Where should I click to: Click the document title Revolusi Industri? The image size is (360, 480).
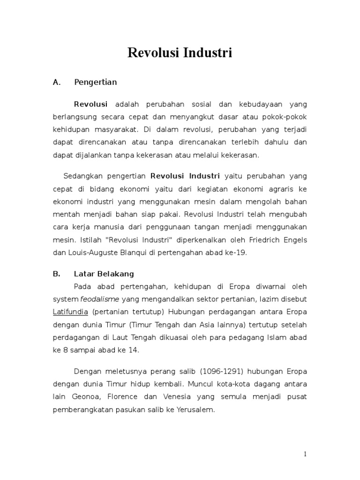pyautogui.click(x=180, y=53)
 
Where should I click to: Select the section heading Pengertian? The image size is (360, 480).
pyautogui.click(x=96, y=82)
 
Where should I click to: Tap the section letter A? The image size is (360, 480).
pyautogui.click(x=57, y=82)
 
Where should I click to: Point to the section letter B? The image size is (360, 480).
pyautogui.click(x=57, y=274)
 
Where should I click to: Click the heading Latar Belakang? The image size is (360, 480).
pyautogui.click(x=104, y=274)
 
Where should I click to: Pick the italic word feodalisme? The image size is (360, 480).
pyautogui.click(x=100, y=299)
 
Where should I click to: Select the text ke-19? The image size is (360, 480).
pyautogui.click(x=236, y=252)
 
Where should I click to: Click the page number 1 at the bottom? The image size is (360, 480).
pyautogui.click(x=305, y=454)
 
